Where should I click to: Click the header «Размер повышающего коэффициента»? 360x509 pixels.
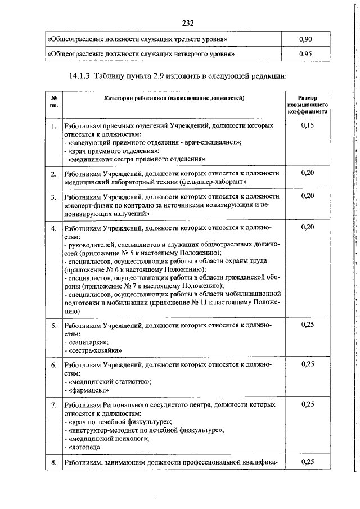pos(307,105)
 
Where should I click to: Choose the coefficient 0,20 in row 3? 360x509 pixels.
pos(307,196)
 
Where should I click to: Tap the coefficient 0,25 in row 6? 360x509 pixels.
pos(307,364)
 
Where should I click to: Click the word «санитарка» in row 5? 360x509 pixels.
pos(88,341)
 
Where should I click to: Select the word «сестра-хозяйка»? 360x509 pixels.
pos(94,350)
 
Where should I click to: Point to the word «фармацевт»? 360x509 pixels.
pos(88,390)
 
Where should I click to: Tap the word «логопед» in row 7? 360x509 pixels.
pos(84,447)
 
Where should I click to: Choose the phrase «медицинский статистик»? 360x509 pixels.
pos(109,381)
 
